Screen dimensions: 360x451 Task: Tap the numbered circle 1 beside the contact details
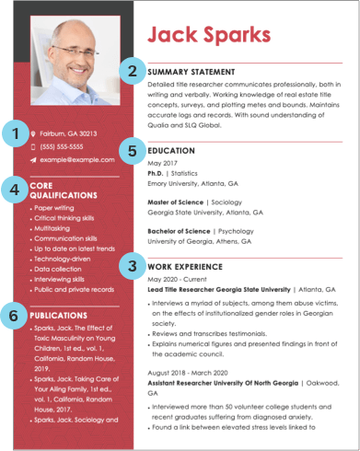[x=14, y=135]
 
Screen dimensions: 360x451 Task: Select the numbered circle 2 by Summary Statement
[x=134, y=70]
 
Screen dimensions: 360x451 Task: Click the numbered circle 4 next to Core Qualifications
[x=14, y=191]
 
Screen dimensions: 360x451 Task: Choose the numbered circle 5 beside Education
[x=134, y=150]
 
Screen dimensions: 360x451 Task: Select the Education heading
[x=171, y=150]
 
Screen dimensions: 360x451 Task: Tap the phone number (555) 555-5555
[x=61, y=146]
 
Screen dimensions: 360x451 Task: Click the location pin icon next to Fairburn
[x=33, y=133]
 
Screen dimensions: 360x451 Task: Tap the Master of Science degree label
[x=175, y=201]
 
